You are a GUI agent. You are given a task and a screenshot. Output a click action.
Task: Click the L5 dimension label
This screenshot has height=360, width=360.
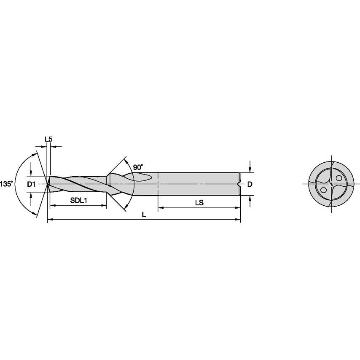pyautogui.click(x=48, y=139)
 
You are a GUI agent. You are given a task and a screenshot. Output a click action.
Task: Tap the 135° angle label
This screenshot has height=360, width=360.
pyautogui.click(x=6, y=184)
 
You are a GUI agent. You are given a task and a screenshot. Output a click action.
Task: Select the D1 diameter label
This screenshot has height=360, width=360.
pyautogui.click(x=31, y=184)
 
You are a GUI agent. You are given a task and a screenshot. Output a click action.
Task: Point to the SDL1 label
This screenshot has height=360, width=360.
pyautogui.click(x=78, y=200)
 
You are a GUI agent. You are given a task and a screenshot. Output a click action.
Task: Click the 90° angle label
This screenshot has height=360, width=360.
pyautogui.click(x=138, y=167)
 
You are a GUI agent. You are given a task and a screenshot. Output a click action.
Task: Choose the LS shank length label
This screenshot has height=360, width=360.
pyautogui.click(x=199, y=203)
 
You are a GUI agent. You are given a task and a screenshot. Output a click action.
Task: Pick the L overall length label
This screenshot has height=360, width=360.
pyautogui.click(x=144, y=215)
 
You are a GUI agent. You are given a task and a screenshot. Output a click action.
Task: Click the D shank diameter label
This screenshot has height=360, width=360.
pyautogui.click(x=250, y=184)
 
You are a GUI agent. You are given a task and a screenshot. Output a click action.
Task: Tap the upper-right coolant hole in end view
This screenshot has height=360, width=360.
pyautogui.click(x=339, y=178)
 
